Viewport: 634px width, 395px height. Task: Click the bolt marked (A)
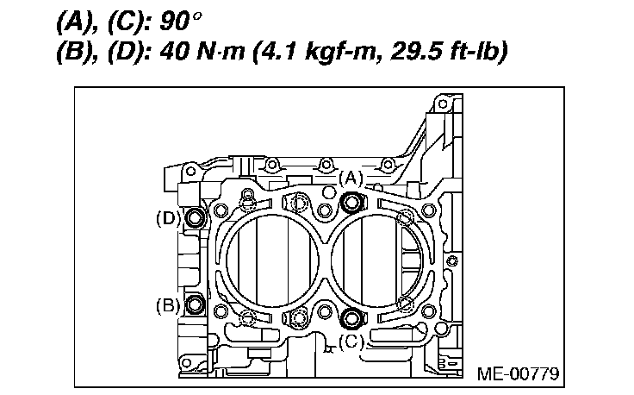pyautogui.click(x=351, y=202)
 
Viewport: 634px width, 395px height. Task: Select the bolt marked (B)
pyautogui.click(x=195, y=304)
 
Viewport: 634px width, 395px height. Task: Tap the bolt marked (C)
pyautogui.click(x=351, y=317)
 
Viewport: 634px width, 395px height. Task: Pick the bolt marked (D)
pyautogui.click(x=195, y=217)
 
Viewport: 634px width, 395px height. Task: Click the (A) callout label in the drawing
pyautogui.click(x=351, y=179)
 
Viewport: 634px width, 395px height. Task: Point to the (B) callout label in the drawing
pyautogui.click(x=168, y=305)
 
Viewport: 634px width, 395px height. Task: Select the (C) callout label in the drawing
pyautogui.click(x=351, y=342)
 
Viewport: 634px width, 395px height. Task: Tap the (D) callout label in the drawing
pyautogui.click(x=168, y=219)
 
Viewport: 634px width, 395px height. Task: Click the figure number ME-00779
pyautogui.click(x=518, y=373)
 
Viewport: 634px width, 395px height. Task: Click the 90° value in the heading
pyautogui.click(x=180, y=22)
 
